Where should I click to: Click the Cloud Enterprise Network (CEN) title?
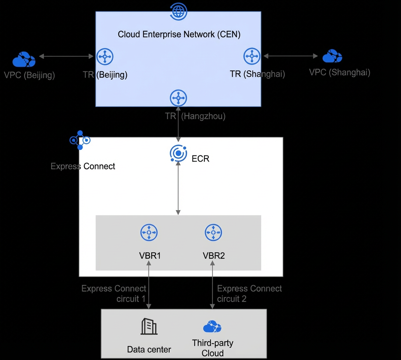[x=179, y=34]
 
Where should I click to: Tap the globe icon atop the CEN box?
[x=178, y=11]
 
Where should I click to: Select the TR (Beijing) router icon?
[x=105, y=56]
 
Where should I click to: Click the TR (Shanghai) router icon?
[x=252, y=56]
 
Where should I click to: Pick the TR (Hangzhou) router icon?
[x=178, y=98]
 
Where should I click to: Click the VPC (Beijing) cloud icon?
[x=24, y=59]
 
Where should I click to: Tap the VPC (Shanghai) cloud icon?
[x=332, y=56]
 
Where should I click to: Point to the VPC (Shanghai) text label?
[x=339, y=72]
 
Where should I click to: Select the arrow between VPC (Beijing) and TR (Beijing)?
[x=66, y=56]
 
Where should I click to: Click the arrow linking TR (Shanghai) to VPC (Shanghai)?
[x=290, y=56]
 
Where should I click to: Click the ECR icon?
[x=178, y=153]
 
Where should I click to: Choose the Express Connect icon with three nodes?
[x=80, y=140]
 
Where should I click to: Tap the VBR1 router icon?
[x=149, y=232]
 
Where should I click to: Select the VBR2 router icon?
[x=213, y=232]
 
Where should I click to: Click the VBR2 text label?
[x=214, y=256]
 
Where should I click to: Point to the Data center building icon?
[x=149, y=326]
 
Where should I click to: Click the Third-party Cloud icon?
[x=212, y=326]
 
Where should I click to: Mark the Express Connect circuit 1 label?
[x=114, y=294]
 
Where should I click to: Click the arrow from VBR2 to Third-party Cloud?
[x=212, y=285]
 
